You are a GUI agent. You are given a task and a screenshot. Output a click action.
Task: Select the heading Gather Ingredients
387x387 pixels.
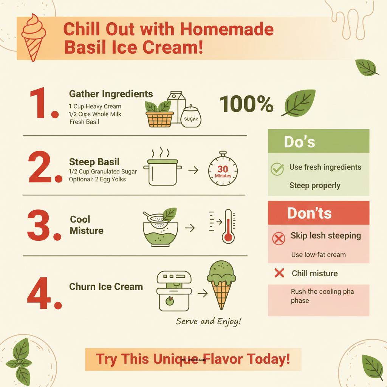point(111,94)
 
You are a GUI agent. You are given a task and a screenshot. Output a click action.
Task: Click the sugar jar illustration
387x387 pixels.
point(191,116)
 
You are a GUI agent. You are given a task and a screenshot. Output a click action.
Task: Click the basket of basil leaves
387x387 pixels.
point(159,114)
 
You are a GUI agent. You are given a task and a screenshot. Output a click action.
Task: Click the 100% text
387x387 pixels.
point(246,104)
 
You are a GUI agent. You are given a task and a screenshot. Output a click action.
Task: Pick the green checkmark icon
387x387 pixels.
point(277,169)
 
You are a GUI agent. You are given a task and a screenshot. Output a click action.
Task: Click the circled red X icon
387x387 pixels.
point(279,238)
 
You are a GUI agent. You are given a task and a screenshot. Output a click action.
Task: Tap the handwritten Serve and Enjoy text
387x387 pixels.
point(209,322)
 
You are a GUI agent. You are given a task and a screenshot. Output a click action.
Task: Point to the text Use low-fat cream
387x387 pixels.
point(318,255)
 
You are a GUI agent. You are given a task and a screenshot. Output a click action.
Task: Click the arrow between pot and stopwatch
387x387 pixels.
point(193,170)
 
